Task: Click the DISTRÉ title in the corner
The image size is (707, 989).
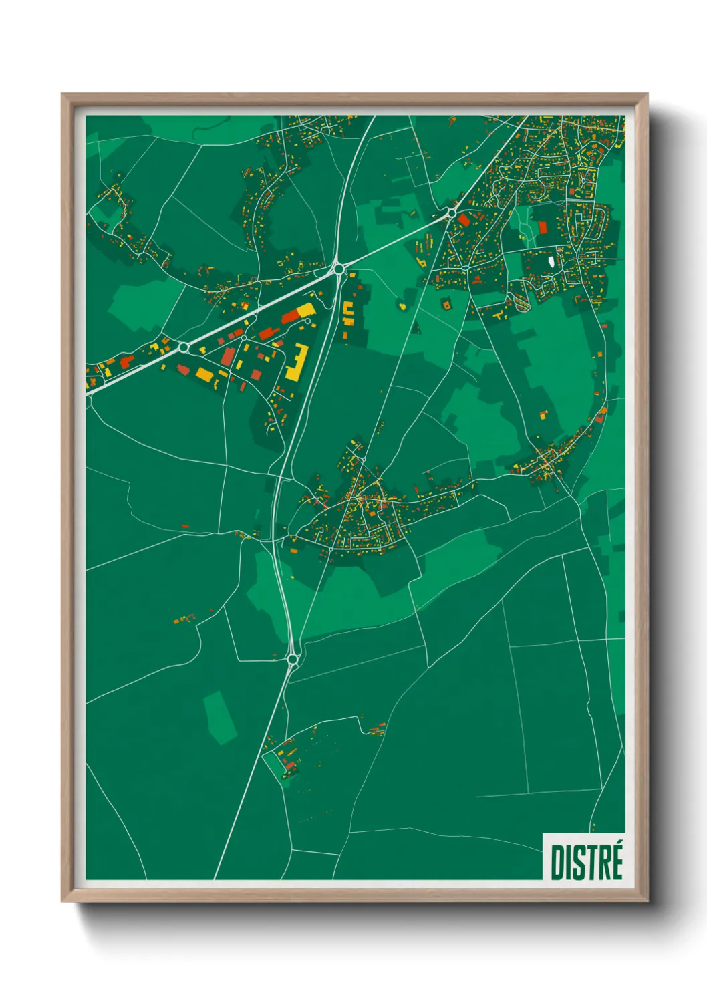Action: [586, 862]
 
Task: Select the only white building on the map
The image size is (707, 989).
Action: [550, 263]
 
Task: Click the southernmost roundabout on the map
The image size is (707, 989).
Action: [292, 660]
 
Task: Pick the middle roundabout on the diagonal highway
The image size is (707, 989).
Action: [339, 269]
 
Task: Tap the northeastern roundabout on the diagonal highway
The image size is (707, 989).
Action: [452, 213]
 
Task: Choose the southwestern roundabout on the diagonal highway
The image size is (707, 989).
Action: [184, 347]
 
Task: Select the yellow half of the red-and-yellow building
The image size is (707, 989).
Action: [304, 310]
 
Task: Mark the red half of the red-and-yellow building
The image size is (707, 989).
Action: [289, 317]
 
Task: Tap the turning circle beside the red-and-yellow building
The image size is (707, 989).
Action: [307, 321]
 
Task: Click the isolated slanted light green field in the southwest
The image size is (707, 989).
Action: [220, 718]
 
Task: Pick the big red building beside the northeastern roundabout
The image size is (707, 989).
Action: [464, 219]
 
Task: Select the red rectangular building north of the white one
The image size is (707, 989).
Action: [543, 227]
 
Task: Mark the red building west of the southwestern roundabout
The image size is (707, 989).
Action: [127, 361]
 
